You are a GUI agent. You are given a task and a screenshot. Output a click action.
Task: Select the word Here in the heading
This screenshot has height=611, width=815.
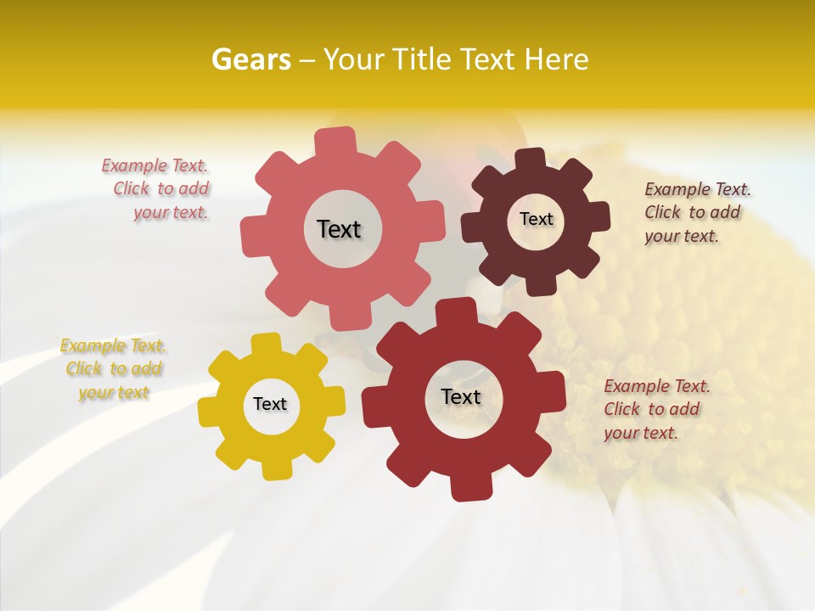tap(556, 59)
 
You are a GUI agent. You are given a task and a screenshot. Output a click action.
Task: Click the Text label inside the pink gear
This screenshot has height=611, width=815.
tap(339, 229)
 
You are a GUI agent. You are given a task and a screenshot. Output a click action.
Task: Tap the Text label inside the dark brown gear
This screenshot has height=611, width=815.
tap(536, 219)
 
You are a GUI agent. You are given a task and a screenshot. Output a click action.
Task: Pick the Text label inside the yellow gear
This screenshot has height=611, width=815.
tap(270, 404)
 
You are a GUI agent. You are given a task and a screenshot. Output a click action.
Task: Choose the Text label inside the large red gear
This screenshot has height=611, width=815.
tap(461, 396)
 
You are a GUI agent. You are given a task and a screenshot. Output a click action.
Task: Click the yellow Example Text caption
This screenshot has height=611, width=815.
tap(114, 369)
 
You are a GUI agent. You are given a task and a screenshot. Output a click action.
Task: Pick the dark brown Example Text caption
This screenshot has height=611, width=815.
tap(696, 212)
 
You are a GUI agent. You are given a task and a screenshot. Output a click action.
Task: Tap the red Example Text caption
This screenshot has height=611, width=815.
tap(655, 409)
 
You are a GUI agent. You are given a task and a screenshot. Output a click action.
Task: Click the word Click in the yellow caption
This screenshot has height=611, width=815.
tap(84, 369)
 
